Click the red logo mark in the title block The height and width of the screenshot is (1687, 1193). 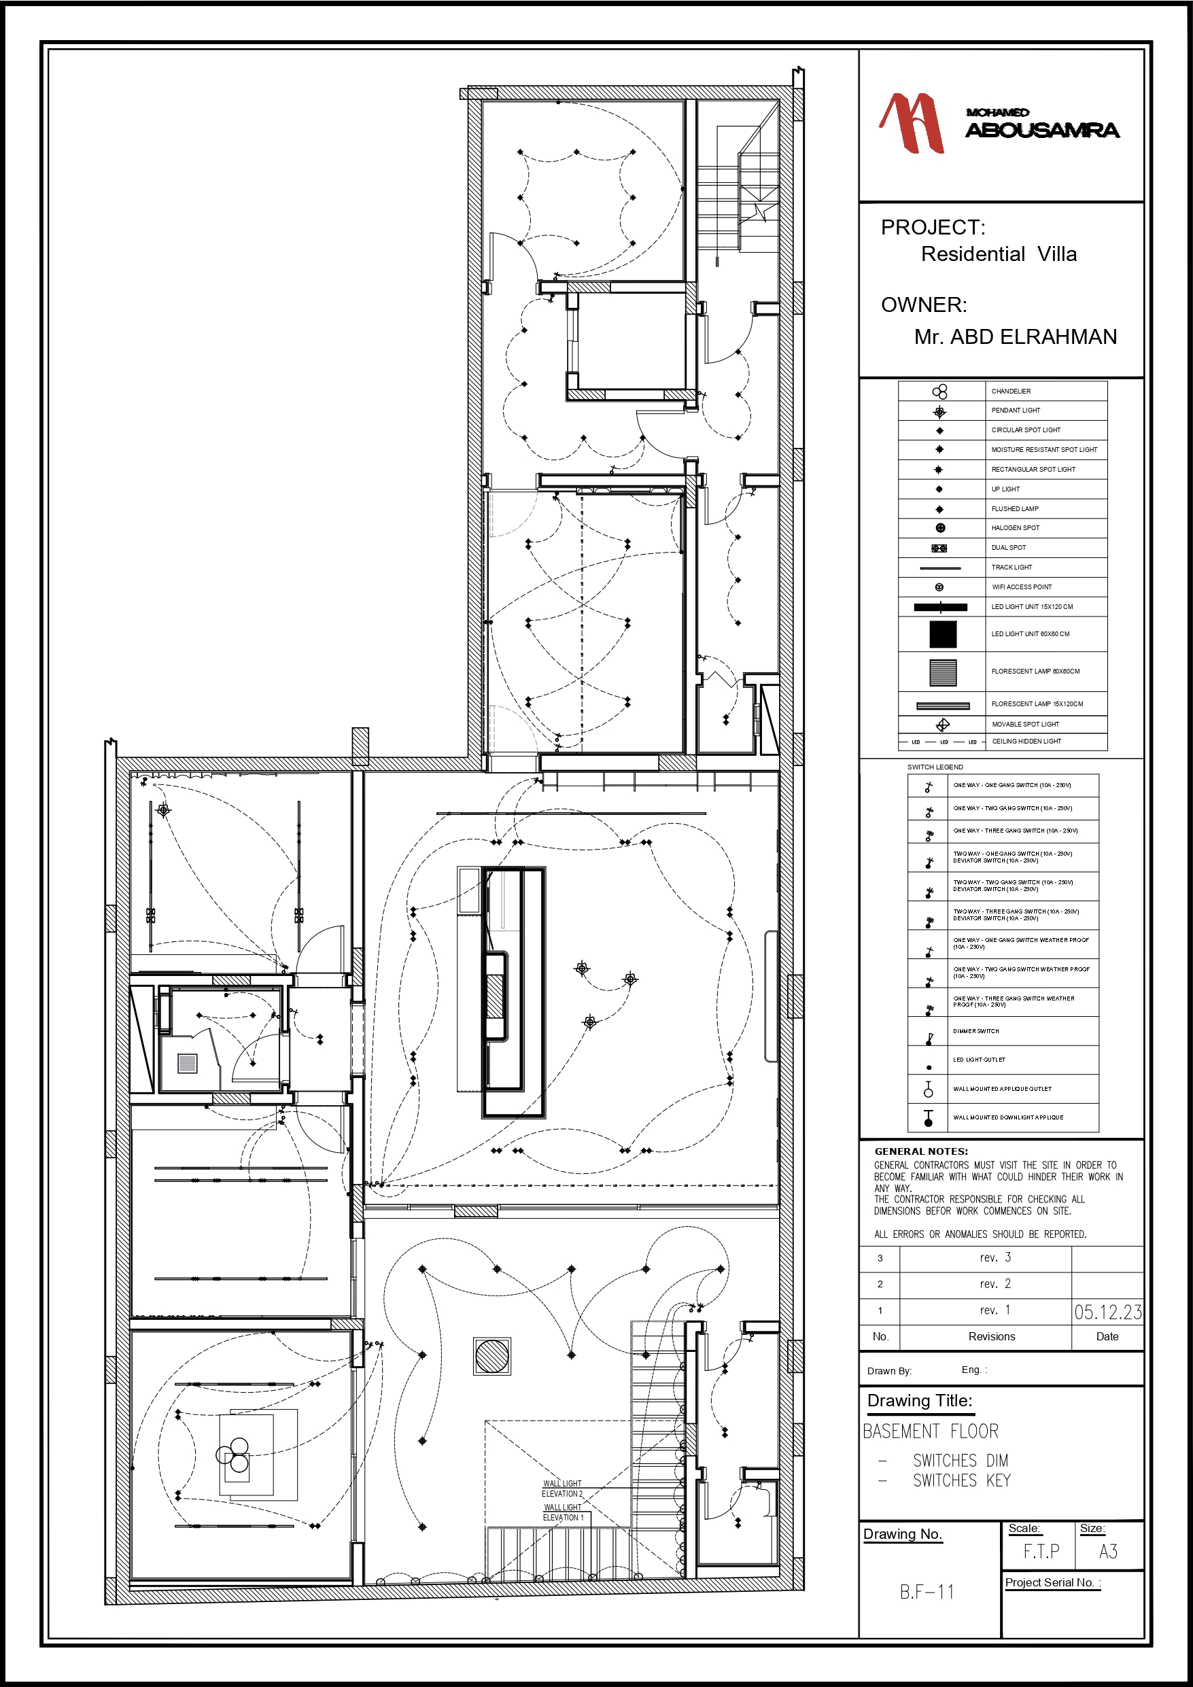click(x=912, y=123)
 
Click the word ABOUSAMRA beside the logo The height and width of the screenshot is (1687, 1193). click(x=1041, y=131)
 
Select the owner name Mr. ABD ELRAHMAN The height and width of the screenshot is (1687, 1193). click(x=1014, y=337)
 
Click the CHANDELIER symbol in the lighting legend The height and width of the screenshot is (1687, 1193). click(x=939, y=392)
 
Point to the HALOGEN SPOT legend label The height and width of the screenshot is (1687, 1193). click(x=1015, y=527)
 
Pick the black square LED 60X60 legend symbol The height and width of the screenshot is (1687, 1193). click(x=942, y=634)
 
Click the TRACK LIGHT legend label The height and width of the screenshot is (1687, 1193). click(x=1012, y=568)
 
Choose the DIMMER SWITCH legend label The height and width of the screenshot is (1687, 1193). click(x=975, y=1031)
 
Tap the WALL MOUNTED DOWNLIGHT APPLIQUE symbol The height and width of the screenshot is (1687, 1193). click(x=929, y=1118)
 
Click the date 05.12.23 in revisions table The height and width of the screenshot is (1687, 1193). click(x=1107, y=1312)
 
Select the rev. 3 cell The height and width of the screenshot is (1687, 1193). click(x=995, y=1258)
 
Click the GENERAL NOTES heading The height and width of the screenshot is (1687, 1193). click(x=920, y=1151)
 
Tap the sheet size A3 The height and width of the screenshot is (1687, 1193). click(x=1108, y=1552)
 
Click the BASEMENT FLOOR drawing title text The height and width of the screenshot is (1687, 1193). click(x=930, y=1431)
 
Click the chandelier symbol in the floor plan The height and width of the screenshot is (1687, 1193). click(x=234, y=1454)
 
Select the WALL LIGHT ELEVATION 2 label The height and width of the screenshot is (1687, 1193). click(x=562, y=1489)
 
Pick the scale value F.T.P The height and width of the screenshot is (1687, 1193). click(x=1041, y=1552)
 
